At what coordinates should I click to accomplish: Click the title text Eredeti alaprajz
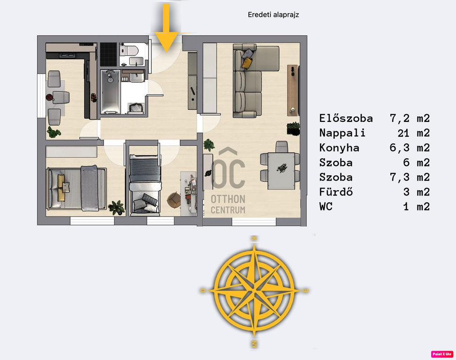click(x=273, y=15)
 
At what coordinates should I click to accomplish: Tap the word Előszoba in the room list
click(x=346, y=118)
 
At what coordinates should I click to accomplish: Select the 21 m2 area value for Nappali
click(x=413, y=133)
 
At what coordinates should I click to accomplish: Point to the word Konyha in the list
click(x=339, y=148)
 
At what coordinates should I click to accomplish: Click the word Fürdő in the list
click(x=336, y=192)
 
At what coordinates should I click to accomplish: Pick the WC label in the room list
click(x=326, y=207)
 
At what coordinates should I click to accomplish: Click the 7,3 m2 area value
click(x=410, y=177)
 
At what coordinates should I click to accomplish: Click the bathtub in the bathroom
click(x=110, y=91)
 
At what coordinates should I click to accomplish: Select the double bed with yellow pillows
click(x=76, y=188)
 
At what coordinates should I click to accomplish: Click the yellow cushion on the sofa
click(x=247, y=63)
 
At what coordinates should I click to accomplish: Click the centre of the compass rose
click(x=254, y=291)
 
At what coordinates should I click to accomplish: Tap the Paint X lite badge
click(x=442, y=354)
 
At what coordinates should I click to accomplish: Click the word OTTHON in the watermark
click(x=228, y=200)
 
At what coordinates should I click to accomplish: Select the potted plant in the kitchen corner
click(x=53, y=132)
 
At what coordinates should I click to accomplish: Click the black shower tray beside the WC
click(x=108, y=54)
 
